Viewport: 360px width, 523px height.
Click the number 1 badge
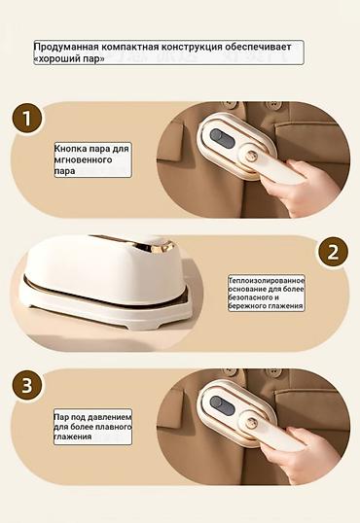[27, 119]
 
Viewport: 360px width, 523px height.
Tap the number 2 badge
[333, 252]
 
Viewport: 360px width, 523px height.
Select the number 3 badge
[27, 386]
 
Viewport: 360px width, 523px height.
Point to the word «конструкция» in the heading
[192, 47]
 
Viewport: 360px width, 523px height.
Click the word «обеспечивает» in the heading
[258, 47]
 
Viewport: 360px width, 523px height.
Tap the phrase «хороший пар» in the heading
[69, 58]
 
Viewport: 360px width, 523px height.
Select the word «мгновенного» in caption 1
[83, 159]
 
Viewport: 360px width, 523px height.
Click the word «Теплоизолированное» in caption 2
[267, 281]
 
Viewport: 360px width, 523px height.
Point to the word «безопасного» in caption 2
[250, 297]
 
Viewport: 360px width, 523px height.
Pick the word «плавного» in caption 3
[114, 427]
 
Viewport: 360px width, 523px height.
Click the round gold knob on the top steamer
[251, 157]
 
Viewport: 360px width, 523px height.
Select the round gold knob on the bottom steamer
[251, 424]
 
